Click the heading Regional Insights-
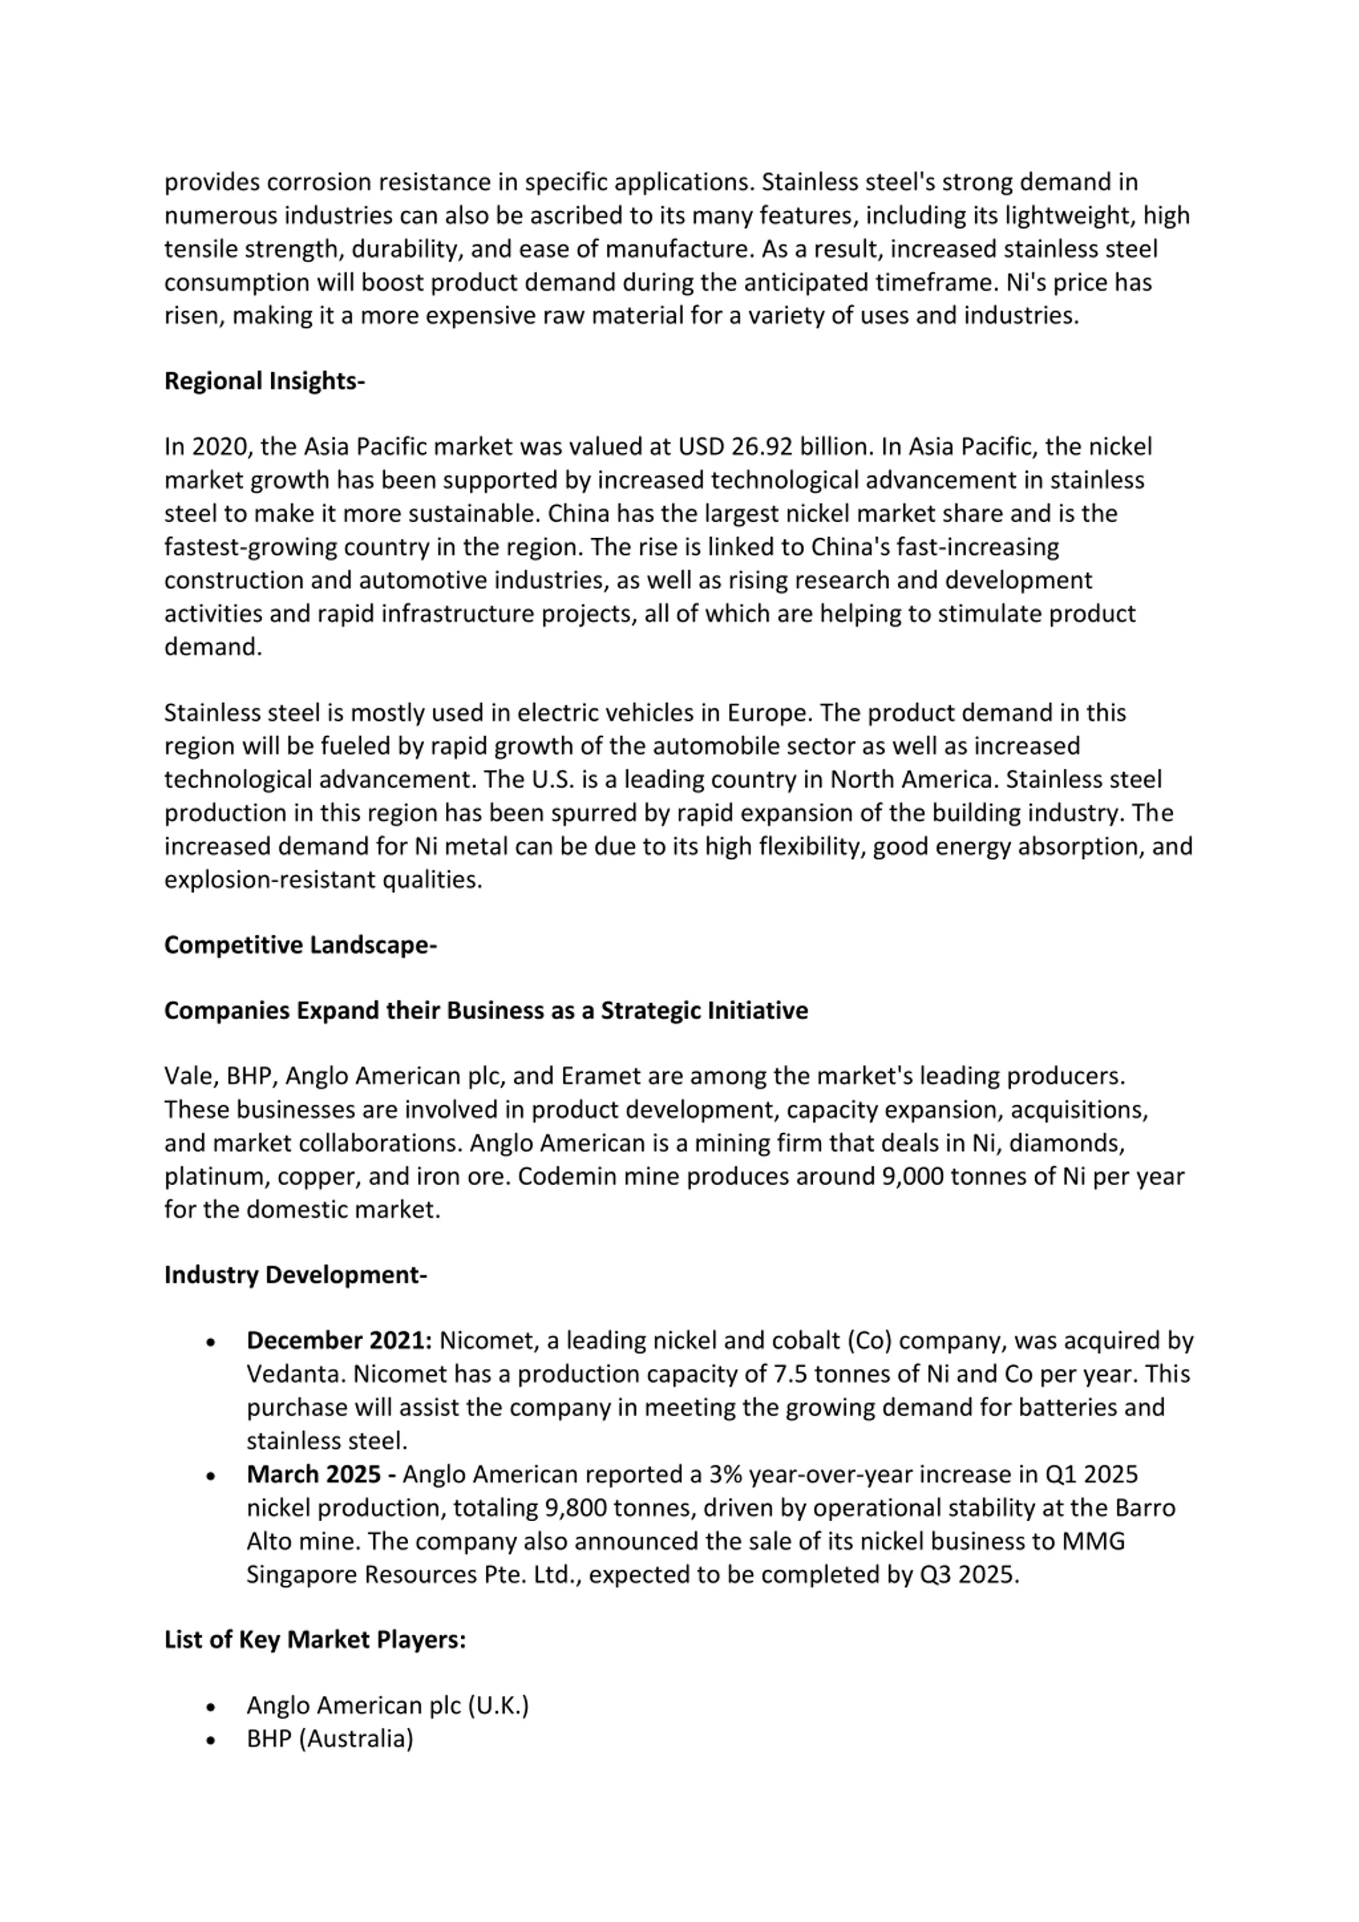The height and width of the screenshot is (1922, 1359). coord(264,381)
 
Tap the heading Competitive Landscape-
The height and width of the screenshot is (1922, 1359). coord(300,945)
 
